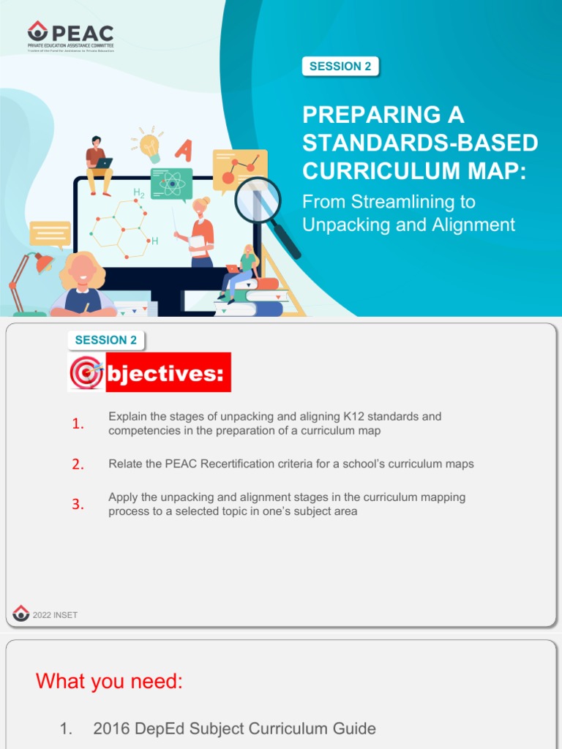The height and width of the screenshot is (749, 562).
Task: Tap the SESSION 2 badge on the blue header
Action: (x=340, y=67)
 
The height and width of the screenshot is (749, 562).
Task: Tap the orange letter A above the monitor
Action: (x=183, y=151)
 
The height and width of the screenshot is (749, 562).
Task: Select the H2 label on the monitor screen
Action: (x=138, y=192)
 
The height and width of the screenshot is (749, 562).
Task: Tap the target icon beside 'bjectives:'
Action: (x=86, y=373)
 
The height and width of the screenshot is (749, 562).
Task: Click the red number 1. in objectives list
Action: (x=78, y=424)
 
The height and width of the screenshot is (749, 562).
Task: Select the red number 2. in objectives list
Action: (x=78, y=464)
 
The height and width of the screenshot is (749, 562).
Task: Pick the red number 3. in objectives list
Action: (x=78, y=505)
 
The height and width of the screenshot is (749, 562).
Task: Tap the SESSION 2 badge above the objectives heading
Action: (x=105, y=340)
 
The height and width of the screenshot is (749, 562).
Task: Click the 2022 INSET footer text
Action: (x=55, y=615)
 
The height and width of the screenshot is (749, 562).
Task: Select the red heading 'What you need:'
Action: (x=109, y=682)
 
